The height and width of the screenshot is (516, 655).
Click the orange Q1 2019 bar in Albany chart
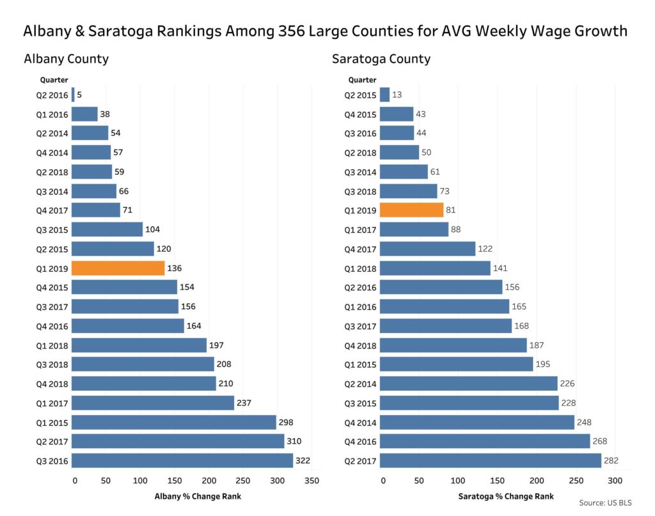click(118, 268)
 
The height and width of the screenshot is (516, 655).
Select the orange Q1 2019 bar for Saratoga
click(411, 210)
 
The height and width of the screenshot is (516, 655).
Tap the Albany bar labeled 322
click(182, 460)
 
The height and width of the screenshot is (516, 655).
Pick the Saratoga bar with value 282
click(491, 460)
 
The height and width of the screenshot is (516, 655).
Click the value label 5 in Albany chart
click(80, 95)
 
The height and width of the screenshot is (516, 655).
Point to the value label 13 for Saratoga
click(397, 95)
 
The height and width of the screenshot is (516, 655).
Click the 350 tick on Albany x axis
click(312, 480)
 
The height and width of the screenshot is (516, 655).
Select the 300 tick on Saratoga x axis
click(615, 480)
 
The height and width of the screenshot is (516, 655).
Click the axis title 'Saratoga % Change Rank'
click(506, 496)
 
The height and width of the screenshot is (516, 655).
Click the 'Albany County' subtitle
click(66, 59)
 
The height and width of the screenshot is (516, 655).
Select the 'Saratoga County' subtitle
click(381, 59)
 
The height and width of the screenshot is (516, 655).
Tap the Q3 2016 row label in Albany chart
click(52, 460)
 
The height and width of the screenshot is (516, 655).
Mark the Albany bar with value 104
click(107, 229)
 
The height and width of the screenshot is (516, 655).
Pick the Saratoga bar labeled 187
click(453, 345)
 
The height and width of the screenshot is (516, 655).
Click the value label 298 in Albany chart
click(285, 422)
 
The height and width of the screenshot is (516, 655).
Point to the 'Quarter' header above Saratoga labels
click(362, 80)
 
